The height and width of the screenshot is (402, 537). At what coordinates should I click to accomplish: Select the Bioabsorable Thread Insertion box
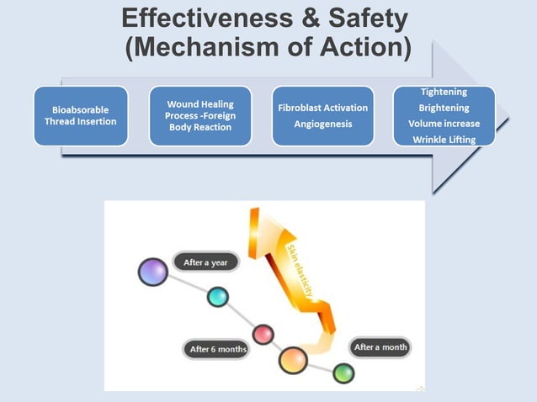(80, 115)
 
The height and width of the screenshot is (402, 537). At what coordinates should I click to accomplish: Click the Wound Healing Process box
(200, 115)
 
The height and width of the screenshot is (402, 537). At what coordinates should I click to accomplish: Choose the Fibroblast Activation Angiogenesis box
(322, 115)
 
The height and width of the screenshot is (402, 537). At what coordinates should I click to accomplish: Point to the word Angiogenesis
(322, 124)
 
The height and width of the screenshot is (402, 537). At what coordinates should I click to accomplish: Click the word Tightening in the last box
(444, 92)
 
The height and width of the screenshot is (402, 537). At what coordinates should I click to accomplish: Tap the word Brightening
(444, 108)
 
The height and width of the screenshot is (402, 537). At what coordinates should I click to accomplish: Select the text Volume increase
(444, 124)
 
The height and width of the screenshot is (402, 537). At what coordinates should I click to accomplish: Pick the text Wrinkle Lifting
(444, 139)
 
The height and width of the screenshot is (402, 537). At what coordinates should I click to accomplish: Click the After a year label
(206, 262)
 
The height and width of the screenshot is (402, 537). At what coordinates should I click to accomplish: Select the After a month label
(380, 346)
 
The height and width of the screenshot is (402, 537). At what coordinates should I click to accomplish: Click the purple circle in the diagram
(152, 272)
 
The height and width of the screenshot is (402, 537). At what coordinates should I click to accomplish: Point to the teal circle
(218, 296)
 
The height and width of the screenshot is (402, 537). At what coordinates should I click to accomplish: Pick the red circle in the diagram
(263, 334)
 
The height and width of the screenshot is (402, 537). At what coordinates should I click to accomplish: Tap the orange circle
(292, 361)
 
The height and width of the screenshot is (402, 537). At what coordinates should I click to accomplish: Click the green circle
(343, 373)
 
